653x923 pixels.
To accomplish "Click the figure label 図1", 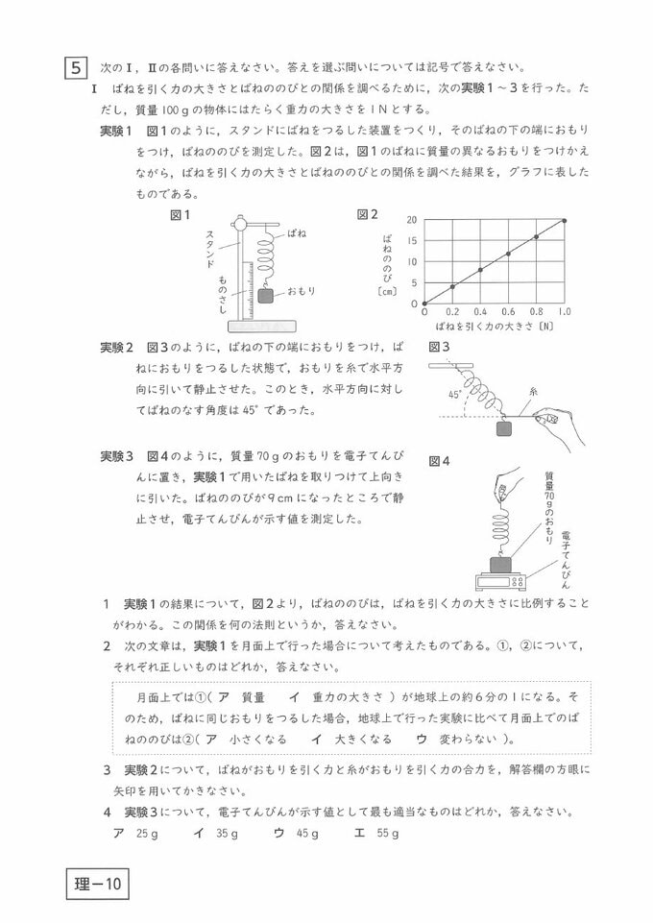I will click(180, 214).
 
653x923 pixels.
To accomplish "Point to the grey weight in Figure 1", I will click(266, 296).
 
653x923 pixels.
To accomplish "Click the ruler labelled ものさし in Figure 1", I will click(248, 289).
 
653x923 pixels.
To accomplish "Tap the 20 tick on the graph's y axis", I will click(412, 220).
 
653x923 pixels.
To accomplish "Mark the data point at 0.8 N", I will click(536, 236).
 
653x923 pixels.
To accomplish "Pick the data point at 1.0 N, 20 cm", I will click(564, 220).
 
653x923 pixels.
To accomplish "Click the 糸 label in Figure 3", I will click(532, 391).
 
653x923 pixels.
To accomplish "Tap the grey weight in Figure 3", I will click(504, 429).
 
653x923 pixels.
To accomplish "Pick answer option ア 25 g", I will click(135, 833).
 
